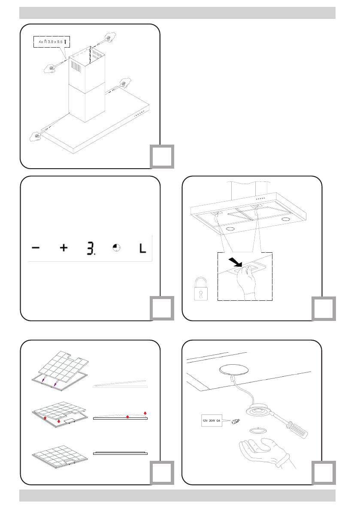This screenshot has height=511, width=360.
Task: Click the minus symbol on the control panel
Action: click(x=36, y=248)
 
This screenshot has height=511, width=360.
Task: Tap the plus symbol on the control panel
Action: click(x=64, y=248)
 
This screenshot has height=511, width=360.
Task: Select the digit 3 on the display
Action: click(x=91, y=248)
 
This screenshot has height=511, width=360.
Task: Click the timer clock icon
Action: click(x=116, y=248)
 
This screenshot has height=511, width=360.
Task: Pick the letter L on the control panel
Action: click(x=143, y=248)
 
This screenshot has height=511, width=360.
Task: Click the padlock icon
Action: click(x=201, y=289)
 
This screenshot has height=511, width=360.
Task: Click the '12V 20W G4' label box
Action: click(x=212, y=420)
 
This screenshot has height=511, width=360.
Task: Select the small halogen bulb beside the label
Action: click(x=235, y=422)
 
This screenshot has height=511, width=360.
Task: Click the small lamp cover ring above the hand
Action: click(x=257, y=430)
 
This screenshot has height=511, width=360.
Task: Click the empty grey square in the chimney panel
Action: click(x=162, y=157)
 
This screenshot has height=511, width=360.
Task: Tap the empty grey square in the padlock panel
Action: click(x=324, y=308)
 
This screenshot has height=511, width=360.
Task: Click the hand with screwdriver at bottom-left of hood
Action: click(x=36, y=136)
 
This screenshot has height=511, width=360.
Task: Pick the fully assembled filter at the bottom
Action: click(x=61, y=457)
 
